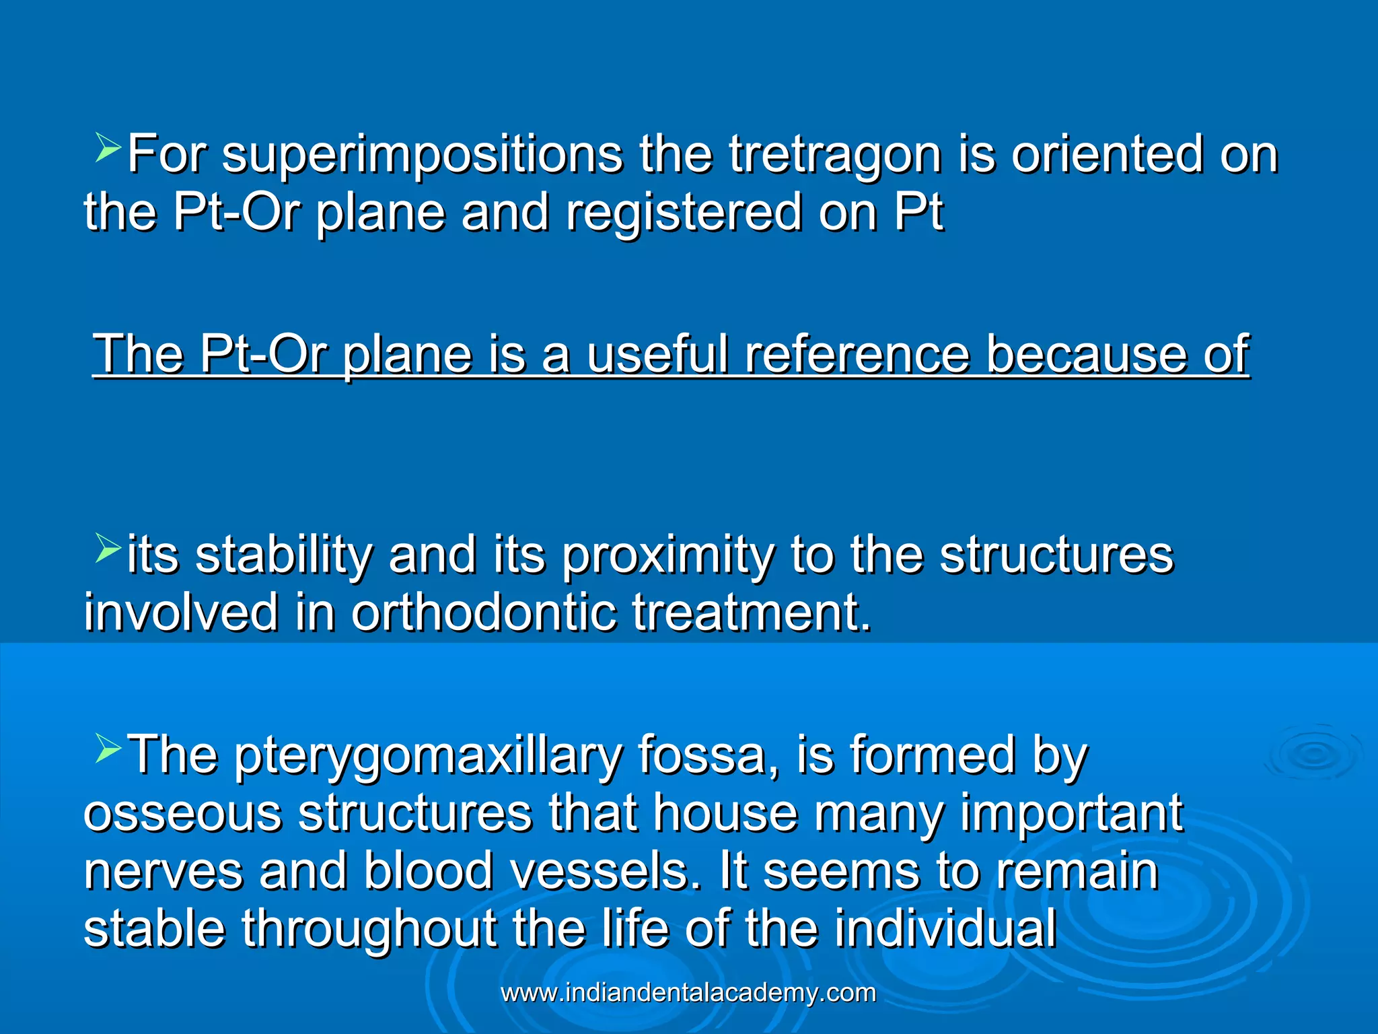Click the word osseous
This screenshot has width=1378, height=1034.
tap(182, 813)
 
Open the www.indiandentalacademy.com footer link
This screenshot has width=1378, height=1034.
tap(688, 993)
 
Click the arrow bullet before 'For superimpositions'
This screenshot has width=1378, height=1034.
tap(108, 149)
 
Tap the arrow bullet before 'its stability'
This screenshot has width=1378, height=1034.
tap(108, 548)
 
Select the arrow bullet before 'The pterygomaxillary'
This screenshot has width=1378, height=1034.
tap(108, 749)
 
